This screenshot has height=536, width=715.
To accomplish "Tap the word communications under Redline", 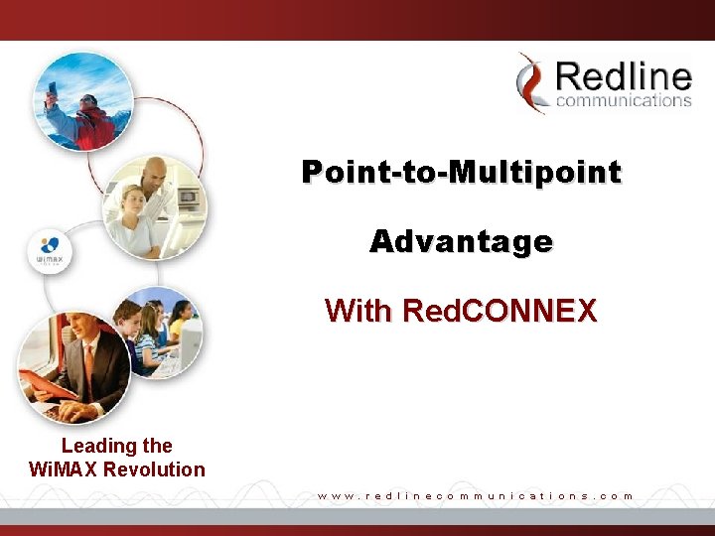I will (x=624, y=100).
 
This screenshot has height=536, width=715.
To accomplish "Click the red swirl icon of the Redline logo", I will (x=533, y=82).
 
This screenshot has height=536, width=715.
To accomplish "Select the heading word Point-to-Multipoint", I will (x=462, y=172).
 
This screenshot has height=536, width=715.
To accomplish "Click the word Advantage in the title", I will (x=462, y=241).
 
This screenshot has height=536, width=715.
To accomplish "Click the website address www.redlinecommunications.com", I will (x=475, y=494).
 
